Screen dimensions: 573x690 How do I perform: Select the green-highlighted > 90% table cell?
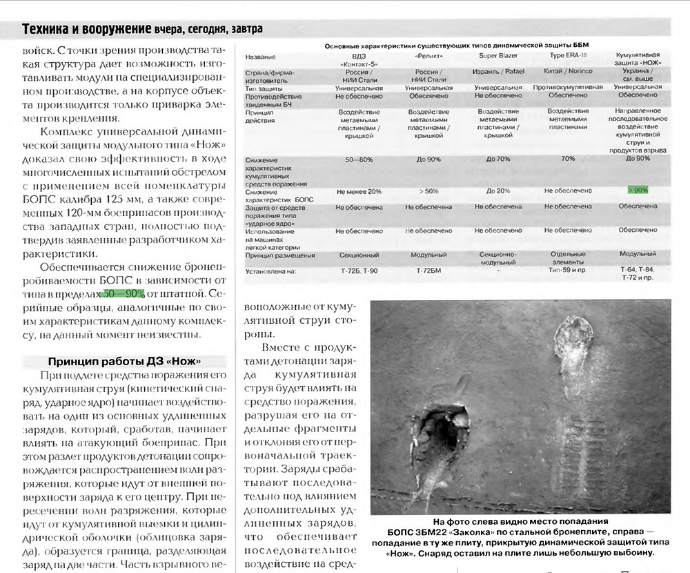[638, 189]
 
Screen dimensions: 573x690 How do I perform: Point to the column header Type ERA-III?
[567, 55]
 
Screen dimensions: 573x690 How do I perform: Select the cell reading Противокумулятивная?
[568, 88]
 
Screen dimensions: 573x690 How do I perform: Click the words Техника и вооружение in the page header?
[87, 28]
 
